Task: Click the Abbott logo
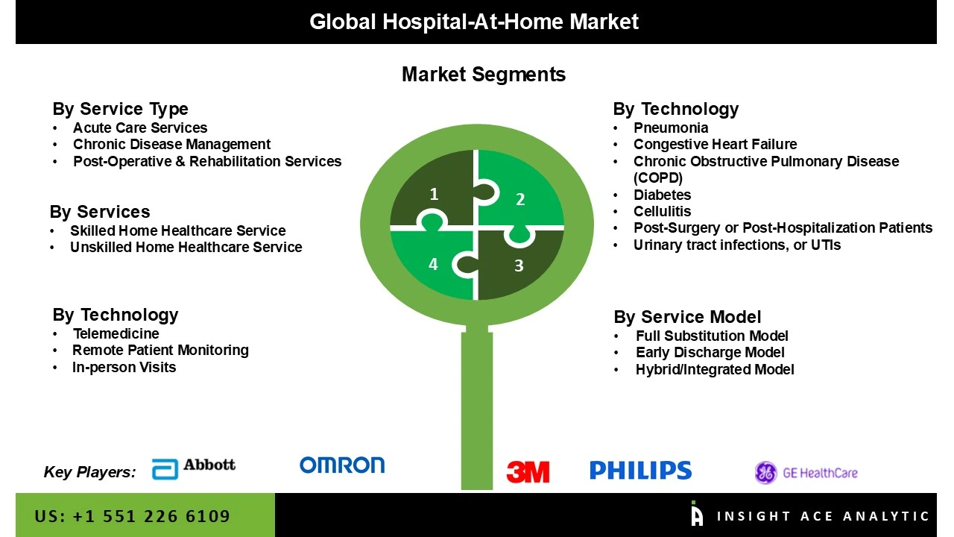[194, 468]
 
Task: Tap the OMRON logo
[342, 465]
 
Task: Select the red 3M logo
[528, 471]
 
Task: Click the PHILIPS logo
[640, 470]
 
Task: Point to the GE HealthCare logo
[806, 472]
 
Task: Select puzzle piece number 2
[520, 195]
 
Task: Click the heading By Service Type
[120, 109]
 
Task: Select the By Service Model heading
[687, 317]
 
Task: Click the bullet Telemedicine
[116, 333]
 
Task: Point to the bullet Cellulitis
[662, 211]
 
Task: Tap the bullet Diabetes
[662, 195]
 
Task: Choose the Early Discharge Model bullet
[710, 352]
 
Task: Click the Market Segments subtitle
[483, 75]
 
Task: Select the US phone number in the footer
[133, 516]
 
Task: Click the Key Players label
[89, 471]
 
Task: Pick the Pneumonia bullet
[671, 128]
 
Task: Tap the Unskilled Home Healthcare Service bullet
[186, 247]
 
